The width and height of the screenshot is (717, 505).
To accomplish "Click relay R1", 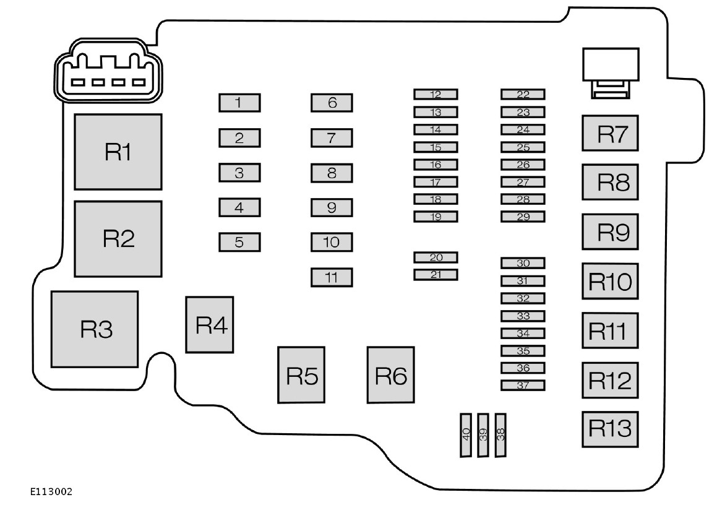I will [118, 152].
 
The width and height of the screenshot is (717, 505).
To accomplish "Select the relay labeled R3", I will [95, 329].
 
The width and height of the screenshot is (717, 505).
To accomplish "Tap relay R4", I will [210, 325].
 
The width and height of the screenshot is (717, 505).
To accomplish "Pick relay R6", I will [390, 375].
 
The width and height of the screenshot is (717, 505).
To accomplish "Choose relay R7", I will [609, 133].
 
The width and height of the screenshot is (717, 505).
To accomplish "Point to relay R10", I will [609, 282].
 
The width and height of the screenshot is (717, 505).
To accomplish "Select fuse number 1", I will [239, 102].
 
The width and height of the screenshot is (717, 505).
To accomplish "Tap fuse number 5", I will [239, 242].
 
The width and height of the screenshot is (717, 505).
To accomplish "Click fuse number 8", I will [332, 173].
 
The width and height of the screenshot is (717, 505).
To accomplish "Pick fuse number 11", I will [332, 277].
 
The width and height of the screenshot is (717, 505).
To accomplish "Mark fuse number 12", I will [436, 94].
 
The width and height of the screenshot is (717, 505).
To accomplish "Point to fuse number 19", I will [436, 217].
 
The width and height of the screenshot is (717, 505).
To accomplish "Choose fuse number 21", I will [436, 274].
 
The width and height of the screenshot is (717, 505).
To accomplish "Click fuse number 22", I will [523, 94].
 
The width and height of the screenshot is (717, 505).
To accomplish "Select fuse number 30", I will [523, 263].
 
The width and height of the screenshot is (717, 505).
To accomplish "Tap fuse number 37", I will [523, 385].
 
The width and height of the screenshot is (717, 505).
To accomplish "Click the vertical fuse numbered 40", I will [466, 435].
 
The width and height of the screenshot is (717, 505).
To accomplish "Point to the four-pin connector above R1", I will [108, 74].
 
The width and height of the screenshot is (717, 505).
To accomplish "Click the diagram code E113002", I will [51, 492].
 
